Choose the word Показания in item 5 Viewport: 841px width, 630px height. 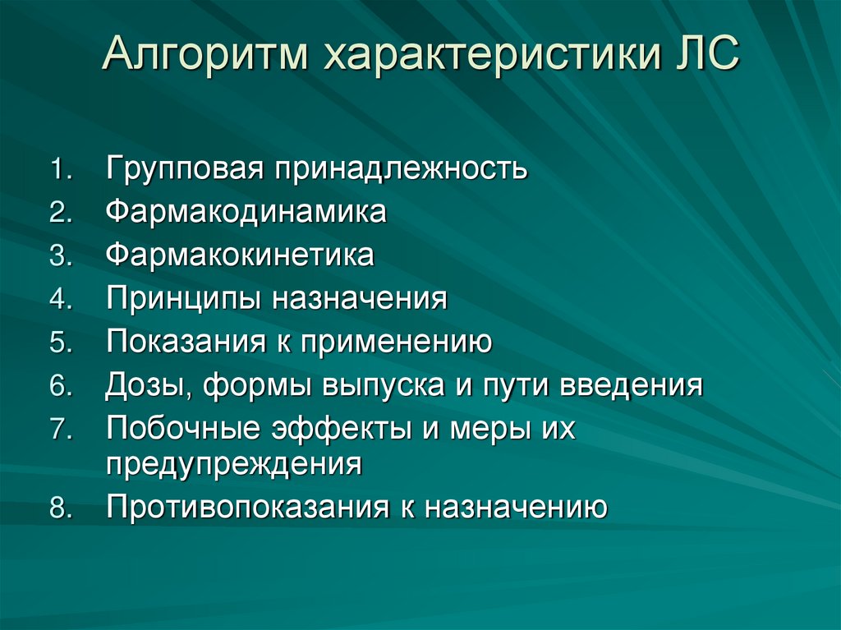point(182,341)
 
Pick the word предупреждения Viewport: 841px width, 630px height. point(233,464)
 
